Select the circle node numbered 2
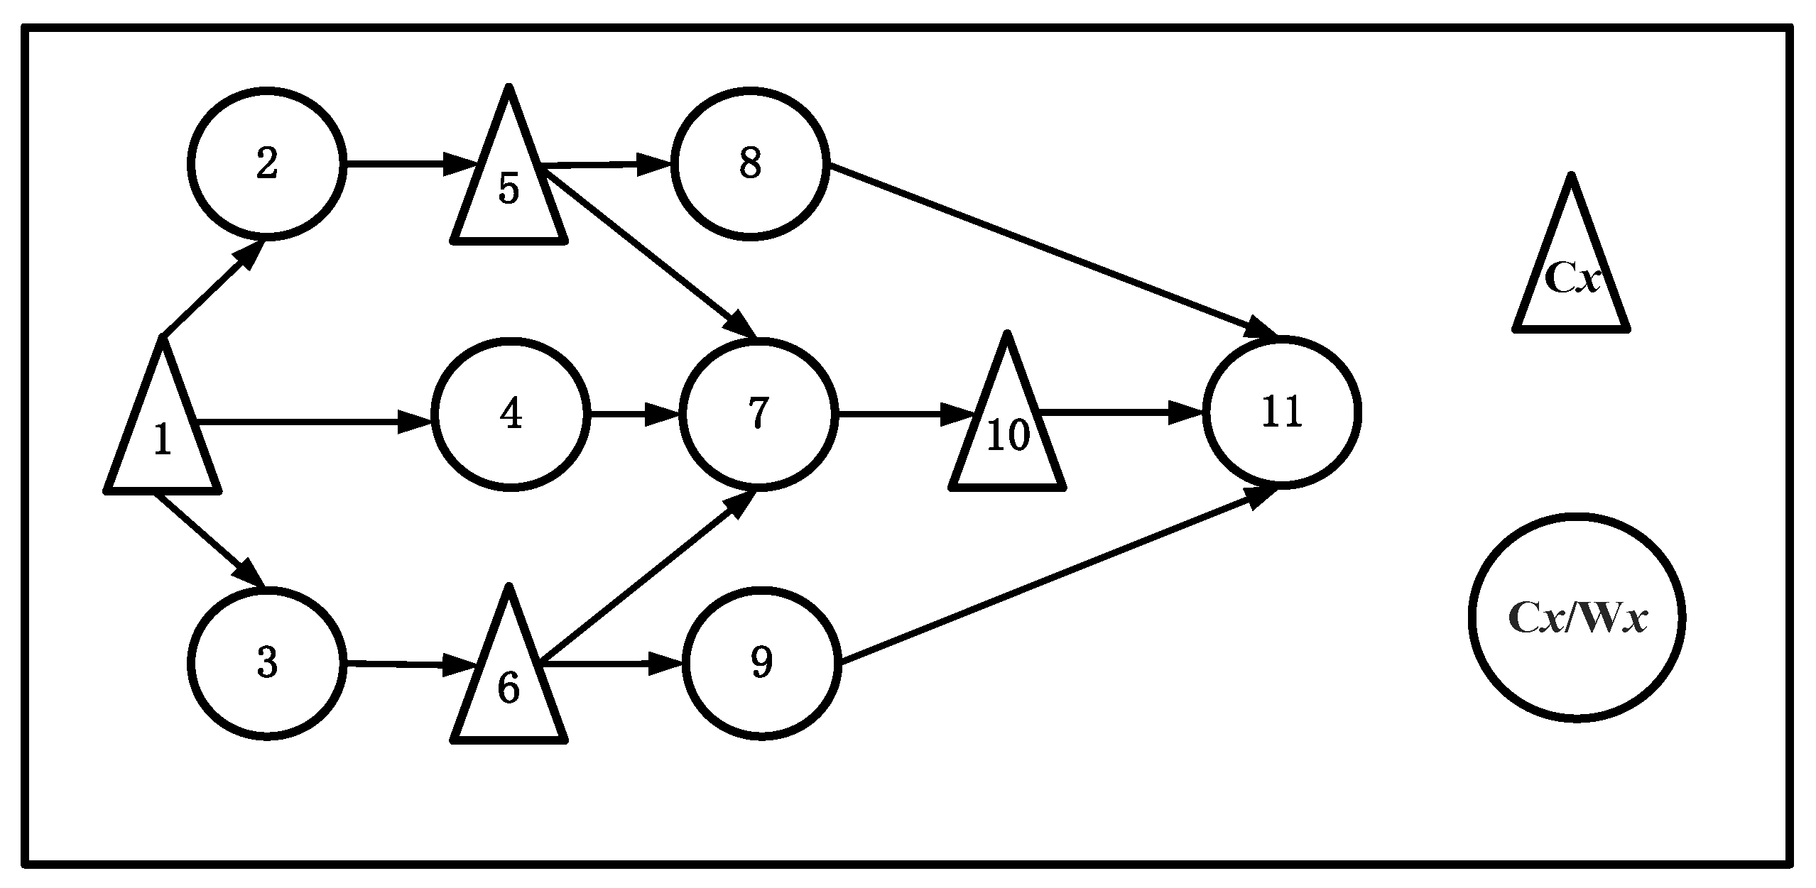tap(267, 164)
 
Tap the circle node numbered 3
tap(267, 663)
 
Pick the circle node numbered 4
tap(511, 414)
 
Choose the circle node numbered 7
tap(759, 414)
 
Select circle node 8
tap(750, 164)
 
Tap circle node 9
tap(761, 663)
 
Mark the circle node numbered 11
tap(1282, 412)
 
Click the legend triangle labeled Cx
tap(1571, 277)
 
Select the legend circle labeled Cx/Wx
tap(1577, 618)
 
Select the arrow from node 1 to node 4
tap(312, 423)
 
